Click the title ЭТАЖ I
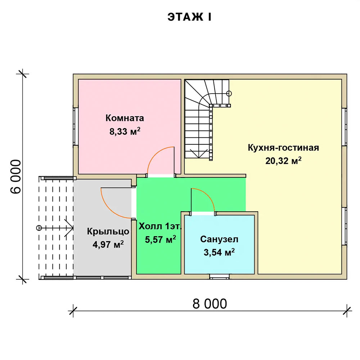point(189,17)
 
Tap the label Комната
point(125,118)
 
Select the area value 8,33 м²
point(125,131)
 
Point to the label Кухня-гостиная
point(283,148)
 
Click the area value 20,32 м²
point(283,161)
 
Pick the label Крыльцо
point(108,231)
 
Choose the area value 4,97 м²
point(108,244)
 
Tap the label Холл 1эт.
point(160,226)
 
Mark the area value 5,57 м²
point(161,239)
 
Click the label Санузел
point(219,239)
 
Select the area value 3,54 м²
point(219,252)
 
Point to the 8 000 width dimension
point(210,304)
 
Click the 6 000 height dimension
point(16,176)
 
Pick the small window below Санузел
point(219,277)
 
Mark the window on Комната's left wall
point(76,126)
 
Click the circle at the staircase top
point(229,94)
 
